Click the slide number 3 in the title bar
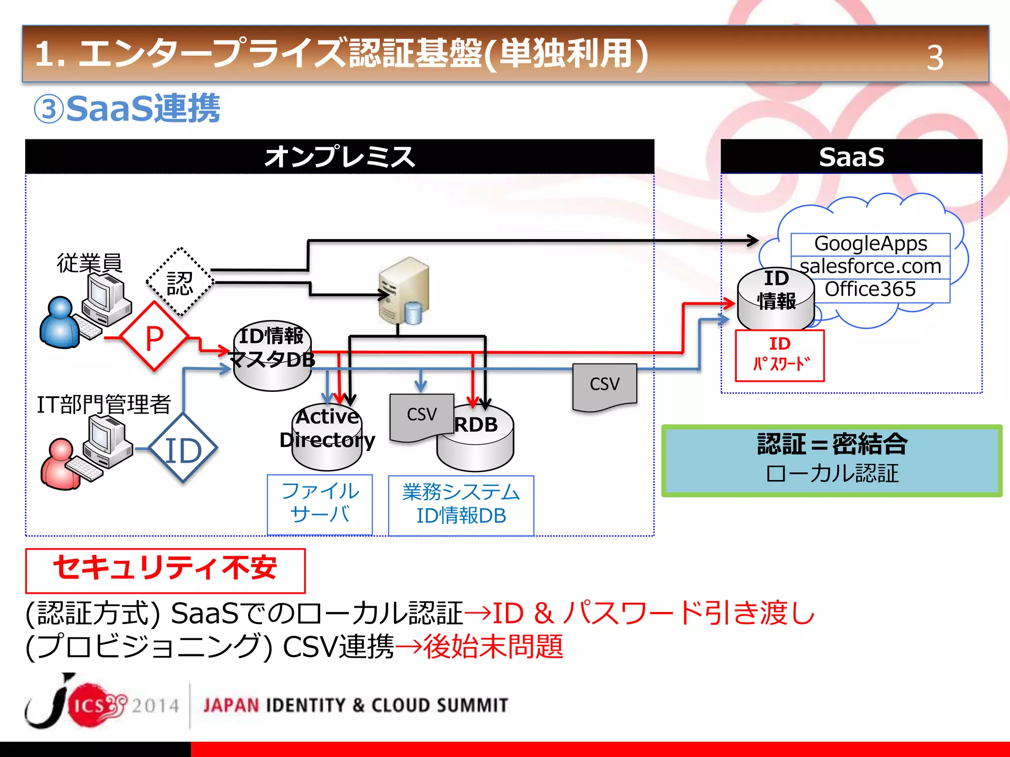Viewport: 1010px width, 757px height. pyautogui.click(x=935, y=58)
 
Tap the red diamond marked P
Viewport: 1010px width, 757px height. pyautogui.click(x=154, y=337)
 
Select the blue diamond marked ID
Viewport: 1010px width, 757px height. pyautogui.click(x=183, y=449)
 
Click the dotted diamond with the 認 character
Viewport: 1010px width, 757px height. pyautogui.click(x=180, y=282)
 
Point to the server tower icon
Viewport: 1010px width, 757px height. pyautogui.click(x=404, y=290)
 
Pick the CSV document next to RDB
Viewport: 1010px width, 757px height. pyautogui.click(x=422, y=416)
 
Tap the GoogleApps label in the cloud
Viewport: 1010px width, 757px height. pyautogui.click(x=870, y=244)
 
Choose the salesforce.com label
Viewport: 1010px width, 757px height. pyautogui.click(x=870, y=267)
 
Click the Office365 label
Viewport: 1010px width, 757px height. pyautogui.click(x=870, y=289)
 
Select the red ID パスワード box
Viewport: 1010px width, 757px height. pyautogui.click(x=780, y=355)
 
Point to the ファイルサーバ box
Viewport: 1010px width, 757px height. pyautogui.click(x=320, y=504)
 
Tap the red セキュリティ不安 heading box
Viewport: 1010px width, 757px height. pyautogui.click(x=165, y=570)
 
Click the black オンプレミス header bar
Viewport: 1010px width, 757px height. pyautogui.click(x=340, y=157)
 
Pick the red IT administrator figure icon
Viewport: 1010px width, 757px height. pyautogui.click(x=60, y=464)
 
